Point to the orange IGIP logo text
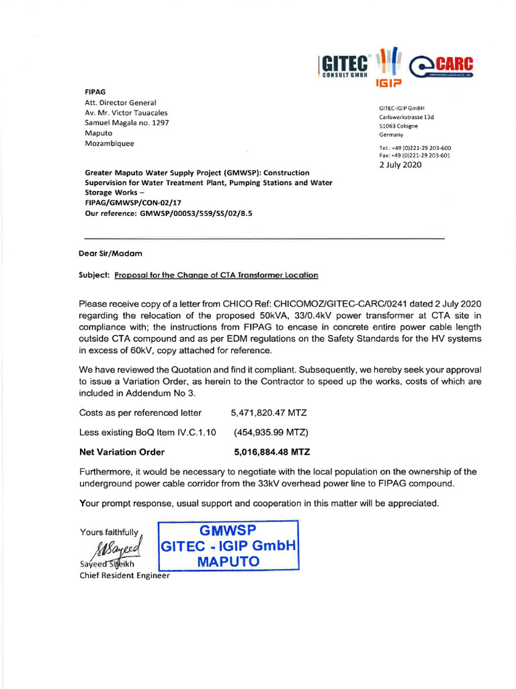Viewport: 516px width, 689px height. [388, 84]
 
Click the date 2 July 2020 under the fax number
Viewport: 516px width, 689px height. [400, 165]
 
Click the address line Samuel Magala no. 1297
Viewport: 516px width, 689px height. [127, 123]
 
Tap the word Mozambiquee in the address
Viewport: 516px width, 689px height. [110, 143]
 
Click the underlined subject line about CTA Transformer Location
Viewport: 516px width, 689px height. [216, 275]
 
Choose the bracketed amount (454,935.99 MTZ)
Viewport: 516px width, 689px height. [271, 432]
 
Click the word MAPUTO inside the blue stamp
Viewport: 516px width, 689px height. [228, 560]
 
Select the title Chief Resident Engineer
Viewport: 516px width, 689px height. [125, 575]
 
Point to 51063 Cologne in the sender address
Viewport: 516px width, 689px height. [398, 126]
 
